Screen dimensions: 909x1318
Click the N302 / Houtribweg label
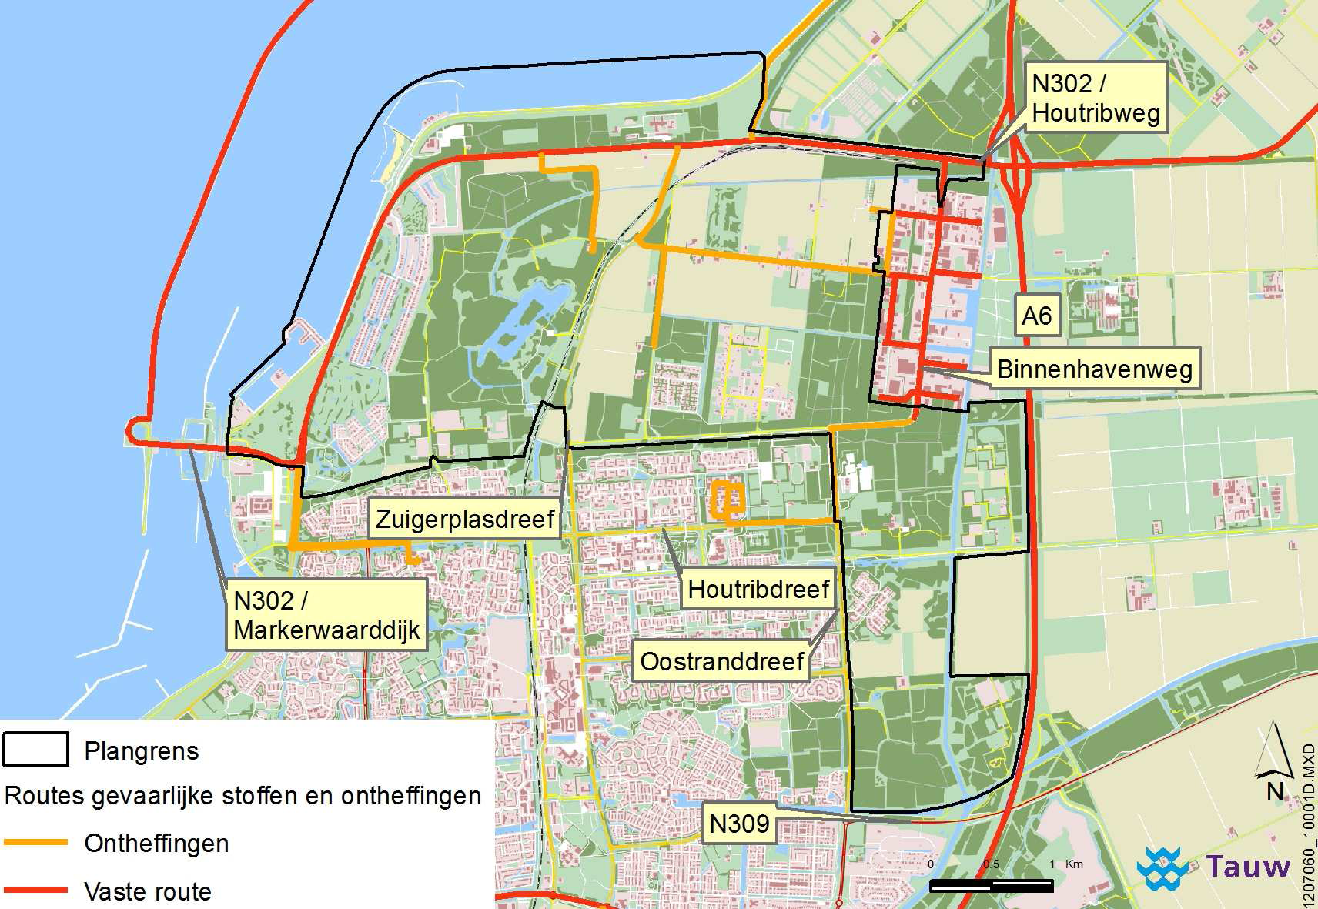click(x=1096, y=98)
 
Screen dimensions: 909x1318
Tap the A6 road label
click(x=1036, y=316)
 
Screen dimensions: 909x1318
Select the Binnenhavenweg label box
click(x=1094, y=369)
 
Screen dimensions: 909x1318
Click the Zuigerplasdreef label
click(x=465, y=520)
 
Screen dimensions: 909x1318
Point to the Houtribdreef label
click(x=758, y=590)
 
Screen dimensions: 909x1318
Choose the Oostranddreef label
click(x=721, y=662)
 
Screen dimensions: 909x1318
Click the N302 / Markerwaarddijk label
click(x=326, y=615)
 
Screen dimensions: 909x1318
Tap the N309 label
click(x=739, y=824)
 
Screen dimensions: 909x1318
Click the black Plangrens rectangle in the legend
click(x=35, y=750)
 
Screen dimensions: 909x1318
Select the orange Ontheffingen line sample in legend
click(x=35, y=843)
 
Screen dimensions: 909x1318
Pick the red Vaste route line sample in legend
click(x=35, y=891)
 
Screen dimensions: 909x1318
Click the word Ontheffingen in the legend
click(x=156, y=844)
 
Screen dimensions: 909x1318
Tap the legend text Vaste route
click(x=148, y=892)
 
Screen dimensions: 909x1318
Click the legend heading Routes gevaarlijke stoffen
click(x=243, y=796)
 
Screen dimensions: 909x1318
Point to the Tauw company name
click(x=1248, y=867)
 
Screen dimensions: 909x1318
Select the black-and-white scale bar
click(x=991, y=886)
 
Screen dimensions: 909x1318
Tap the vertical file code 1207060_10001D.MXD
click(x=1308, y=824)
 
